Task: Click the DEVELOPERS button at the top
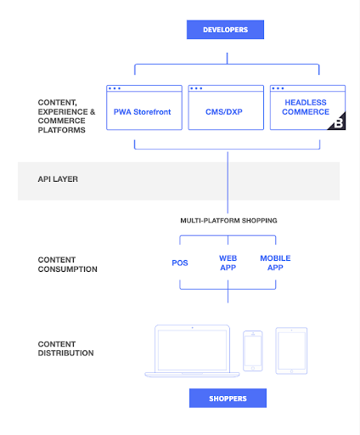(x=225, y=30)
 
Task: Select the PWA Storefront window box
(x=144, y=108)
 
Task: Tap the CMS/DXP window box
(x=226, y=108)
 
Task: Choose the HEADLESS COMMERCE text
(x=306, y=107)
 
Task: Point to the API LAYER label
(x=58, y=179)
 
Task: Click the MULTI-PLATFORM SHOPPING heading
(x=228, y=221)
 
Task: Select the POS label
(x=180, y=263)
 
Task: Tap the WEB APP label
(x=228, y=263)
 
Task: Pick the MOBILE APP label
(x=275, y=263)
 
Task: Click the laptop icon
(x=192, y=351)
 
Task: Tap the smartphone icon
(x=253, y=351)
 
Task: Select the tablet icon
(x=291, y=351)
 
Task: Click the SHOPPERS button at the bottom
(x=228, y=398)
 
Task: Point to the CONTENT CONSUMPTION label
(x=67, y=264)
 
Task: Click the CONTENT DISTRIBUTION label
(x=65, y=348)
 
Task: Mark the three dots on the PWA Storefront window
(x=115, y=88)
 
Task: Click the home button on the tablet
(x=291, y=371)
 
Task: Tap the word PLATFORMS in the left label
(x=62, y=130)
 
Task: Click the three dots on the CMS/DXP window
(x=196, y=88)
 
